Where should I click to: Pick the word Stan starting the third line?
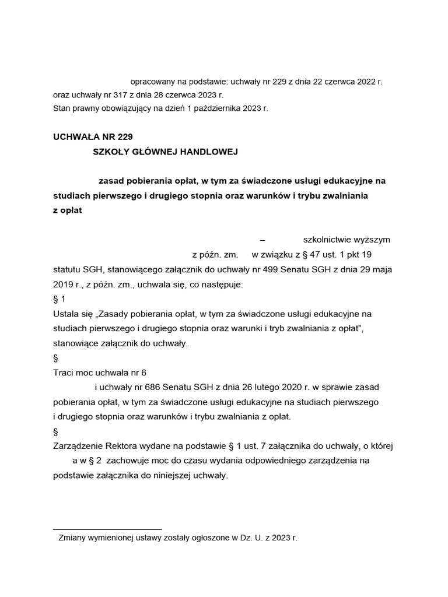coord(61,108)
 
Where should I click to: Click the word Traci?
coord(63,372)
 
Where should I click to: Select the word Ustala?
coord(65,314)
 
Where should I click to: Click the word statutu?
coord(66,270)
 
